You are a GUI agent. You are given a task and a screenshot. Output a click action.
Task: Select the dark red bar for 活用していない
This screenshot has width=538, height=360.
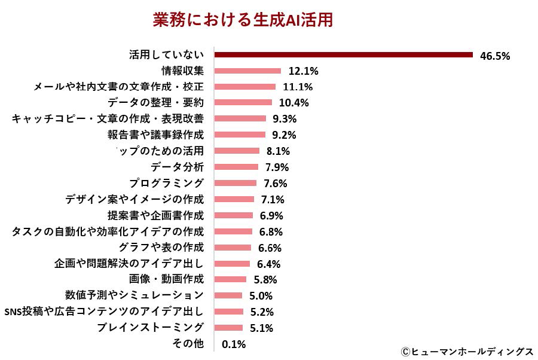point(343,54)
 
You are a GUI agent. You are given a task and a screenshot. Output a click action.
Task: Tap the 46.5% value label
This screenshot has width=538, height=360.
point(494,56)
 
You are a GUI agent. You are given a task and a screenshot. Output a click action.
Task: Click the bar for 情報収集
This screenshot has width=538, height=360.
point(247,71)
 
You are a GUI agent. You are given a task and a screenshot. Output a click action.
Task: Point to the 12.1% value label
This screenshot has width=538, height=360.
point(303,71)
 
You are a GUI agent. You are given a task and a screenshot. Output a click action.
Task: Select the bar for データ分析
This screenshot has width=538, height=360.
point(236,167)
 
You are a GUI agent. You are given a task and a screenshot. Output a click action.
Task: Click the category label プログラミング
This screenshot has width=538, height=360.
point(166,183)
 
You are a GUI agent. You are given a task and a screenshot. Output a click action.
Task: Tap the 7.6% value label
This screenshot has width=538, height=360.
point(275,184)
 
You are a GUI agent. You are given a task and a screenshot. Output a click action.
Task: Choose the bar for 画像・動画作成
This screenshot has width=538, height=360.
point(230,279)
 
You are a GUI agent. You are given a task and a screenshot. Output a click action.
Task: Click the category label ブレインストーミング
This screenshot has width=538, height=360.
point(150,327)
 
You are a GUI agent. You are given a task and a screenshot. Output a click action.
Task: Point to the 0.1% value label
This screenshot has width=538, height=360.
point(233,344)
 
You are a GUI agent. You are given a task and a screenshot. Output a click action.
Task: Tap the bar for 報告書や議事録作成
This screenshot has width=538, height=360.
point(240,135)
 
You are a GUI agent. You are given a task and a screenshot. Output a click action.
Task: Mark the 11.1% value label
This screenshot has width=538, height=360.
point(297,87)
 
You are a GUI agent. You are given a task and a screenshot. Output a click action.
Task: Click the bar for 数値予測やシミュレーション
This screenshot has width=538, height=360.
point(228,295)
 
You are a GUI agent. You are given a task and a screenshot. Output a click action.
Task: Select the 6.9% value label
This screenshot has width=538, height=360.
point(271,215)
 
